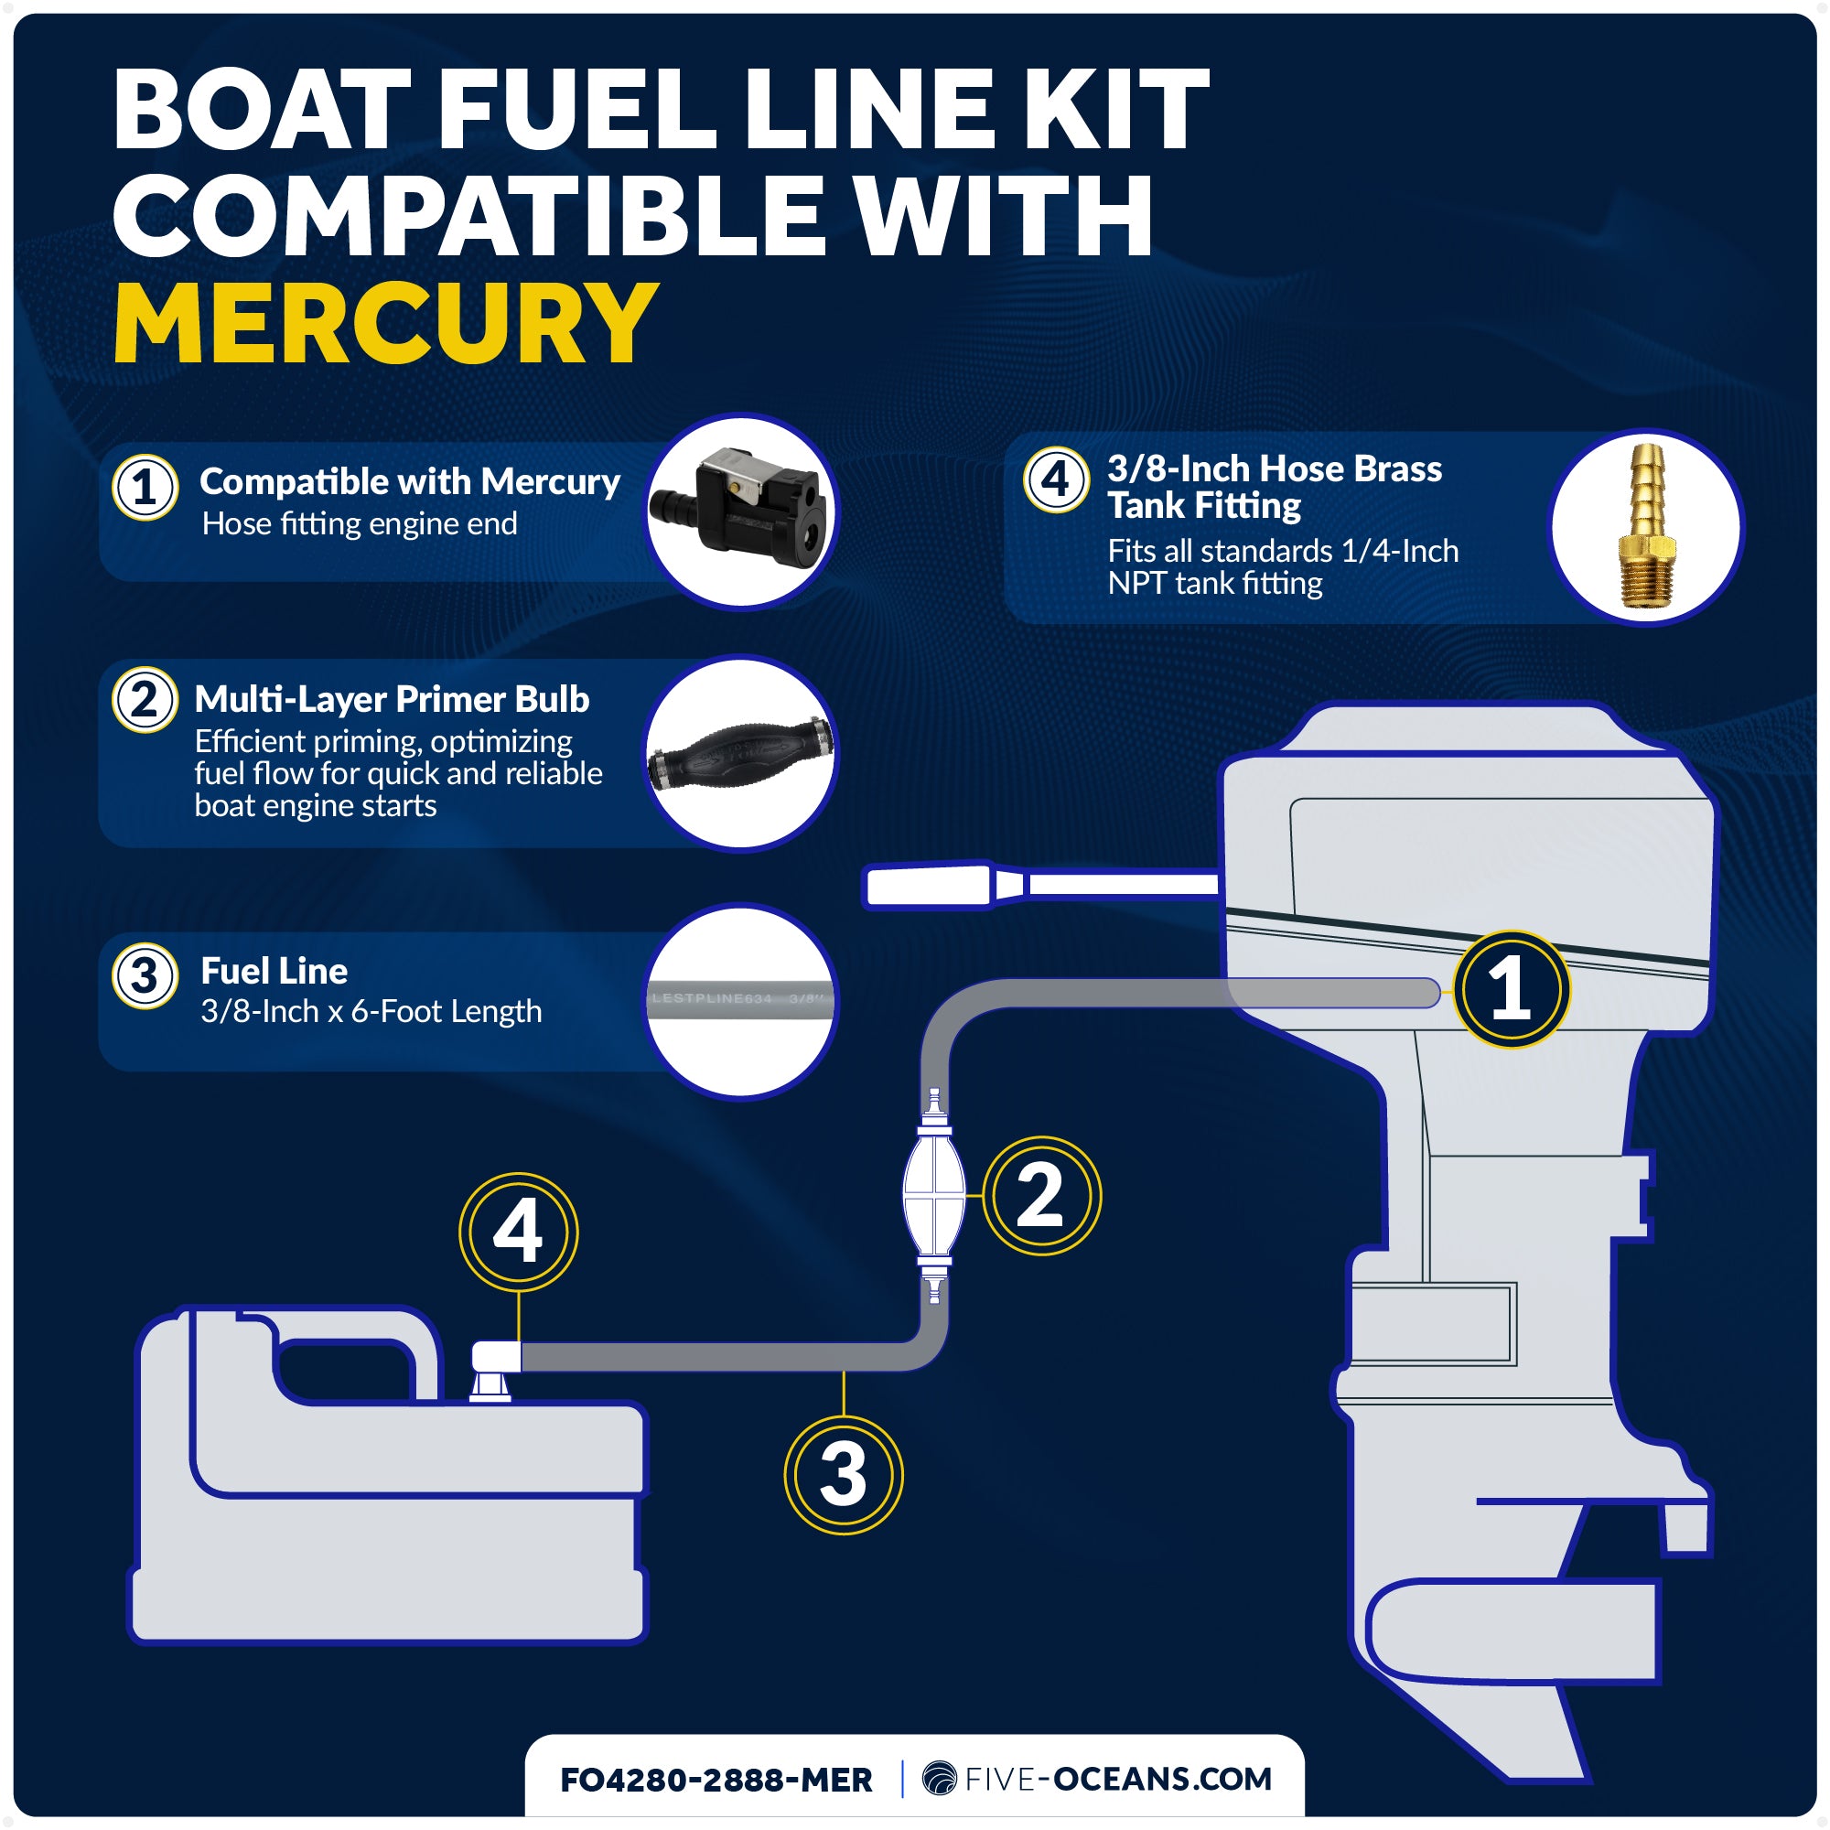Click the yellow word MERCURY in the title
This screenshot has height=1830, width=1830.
(x=384, y=324)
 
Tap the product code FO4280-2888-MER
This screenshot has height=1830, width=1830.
(x=716, y=1780)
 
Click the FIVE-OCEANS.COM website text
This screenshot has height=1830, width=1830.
(x=1118, y=1779)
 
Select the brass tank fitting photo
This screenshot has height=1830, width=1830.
(x=1646, y=527)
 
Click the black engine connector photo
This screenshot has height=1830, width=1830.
(x=742, y=512)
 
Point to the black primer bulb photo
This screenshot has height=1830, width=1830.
(x=741, y=754)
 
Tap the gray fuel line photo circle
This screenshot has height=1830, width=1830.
(x=741, y=1001)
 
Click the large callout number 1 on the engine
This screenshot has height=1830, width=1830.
(x=1511, y=989)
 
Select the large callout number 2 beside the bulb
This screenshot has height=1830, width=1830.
(x=1041, y=1195)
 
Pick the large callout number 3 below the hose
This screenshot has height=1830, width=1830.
(x=843, y=1475)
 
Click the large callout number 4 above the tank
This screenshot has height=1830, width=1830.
(x=518, y=1233)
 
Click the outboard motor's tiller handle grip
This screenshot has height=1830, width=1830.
(x=928, y=887)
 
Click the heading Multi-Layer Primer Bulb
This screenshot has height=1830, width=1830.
(x=392, y=699)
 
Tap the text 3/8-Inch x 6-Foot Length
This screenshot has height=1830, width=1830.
(x=371, y=1012)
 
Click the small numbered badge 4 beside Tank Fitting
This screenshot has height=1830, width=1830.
(x=1055, y=479)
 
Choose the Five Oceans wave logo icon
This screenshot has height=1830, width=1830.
(x=939, y=1779)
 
